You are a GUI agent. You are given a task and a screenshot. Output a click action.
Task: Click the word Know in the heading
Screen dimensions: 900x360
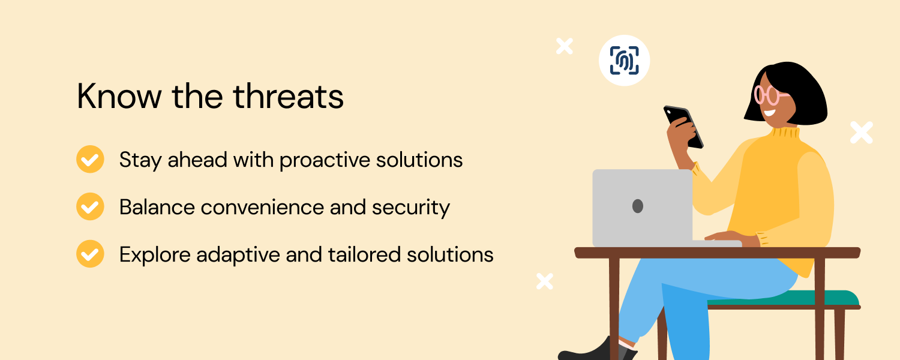[119, 96]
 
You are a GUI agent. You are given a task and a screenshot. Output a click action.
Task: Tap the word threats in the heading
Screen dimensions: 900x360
[288, 96]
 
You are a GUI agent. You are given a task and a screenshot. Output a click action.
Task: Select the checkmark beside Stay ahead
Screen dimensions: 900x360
[90, 159]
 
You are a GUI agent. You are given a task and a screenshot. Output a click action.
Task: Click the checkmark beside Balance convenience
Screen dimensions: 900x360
[90, 206]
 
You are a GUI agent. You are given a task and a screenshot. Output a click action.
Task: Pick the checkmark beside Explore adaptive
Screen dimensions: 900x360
[90, 254]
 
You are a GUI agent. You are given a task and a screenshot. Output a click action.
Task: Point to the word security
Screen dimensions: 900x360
[410, 208]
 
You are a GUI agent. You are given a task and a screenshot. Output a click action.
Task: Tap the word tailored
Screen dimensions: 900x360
[364, 255]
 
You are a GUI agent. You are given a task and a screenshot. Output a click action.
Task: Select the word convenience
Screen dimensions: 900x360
[262, 208]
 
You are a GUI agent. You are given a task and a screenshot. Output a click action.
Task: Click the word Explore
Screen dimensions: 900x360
[155, 256]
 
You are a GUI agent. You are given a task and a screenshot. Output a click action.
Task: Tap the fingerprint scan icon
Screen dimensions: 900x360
[624, 60]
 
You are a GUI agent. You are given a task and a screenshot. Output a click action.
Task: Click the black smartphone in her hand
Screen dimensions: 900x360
[683, 127]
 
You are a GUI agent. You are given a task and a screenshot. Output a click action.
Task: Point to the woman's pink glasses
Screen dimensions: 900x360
[769, 95]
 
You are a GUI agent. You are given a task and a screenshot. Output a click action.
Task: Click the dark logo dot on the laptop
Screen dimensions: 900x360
[638, 206]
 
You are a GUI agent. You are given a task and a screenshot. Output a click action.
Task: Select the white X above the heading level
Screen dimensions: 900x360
[565, 46]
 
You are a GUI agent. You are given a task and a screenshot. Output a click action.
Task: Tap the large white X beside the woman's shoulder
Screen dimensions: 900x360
[862, 133]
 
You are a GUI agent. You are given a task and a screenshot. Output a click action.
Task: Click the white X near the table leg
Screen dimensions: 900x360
[545, 281]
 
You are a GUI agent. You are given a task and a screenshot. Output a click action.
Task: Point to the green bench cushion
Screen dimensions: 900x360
[784, 298]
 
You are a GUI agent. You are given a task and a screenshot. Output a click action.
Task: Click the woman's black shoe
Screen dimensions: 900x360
[595, 351]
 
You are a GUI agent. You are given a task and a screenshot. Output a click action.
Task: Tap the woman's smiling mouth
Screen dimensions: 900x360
[770, 112]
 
